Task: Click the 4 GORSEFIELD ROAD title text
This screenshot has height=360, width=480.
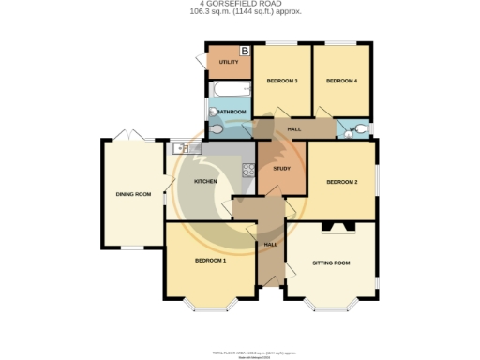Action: tap(239, 5)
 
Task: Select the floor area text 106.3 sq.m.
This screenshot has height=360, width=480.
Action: tap(214, 14)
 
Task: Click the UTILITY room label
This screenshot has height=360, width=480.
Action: tap(228, 63)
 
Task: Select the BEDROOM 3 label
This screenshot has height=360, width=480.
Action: tap(282, 82)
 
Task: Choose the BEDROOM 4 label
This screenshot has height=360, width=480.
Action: tap(341, 82)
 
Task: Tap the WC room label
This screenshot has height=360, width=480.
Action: tap(353, 128)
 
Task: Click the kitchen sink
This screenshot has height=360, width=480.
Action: tap(181, 147)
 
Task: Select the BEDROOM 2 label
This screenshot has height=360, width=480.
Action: tap(342, 182)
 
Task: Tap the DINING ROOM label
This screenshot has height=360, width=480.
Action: tap(133, 194)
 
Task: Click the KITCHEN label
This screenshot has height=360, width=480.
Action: tap(205, 181)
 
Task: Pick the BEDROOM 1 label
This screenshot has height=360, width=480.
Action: tap(210, 260)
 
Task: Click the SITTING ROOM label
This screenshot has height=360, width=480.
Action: tap(331, 263)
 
